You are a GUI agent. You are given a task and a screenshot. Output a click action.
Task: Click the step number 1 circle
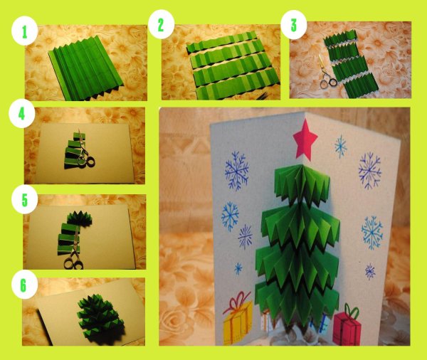[24, 32]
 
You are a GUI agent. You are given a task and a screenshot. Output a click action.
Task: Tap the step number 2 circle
[161, 25]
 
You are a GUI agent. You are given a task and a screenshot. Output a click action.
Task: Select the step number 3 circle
[293, 25]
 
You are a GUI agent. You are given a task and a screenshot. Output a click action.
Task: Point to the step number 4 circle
[22, 115]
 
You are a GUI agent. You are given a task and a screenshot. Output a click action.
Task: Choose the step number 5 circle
[24, 200]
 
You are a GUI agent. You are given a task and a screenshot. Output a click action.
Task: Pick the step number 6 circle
[24, 285]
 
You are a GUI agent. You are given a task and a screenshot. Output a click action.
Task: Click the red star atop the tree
[305, 139]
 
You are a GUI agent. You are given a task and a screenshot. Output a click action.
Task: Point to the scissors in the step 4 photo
[85, 150]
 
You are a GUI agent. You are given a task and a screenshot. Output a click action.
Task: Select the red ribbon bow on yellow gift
[236, 301]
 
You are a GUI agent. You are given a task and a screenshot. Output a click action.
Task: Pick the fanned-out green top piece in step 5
[79, 218]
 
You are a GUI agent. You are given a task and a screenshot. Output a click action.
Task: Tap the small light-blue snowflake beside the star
[340, 147]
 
